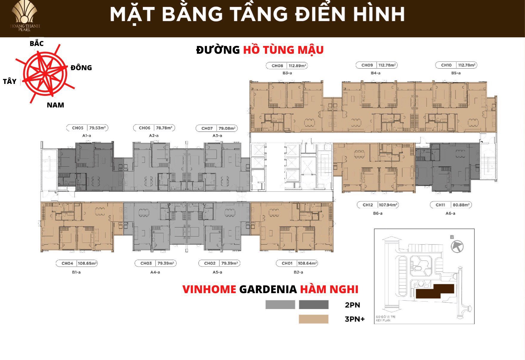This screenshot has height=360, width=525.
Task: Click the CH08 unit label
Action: [x=277, y=66]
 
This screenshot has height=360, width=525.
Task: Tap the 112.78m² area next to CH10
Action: [x=467, y=65]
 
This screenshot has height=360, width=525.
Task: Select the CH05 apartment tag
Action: [x=78, y=128]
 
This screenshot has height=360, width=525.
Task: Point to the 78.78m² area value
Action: [x=164, y=128]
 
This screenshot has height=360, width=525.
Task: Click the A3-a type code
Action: [x=217, y=136]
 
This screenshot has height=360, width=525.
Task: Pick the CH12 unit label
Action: [x=367, y=205]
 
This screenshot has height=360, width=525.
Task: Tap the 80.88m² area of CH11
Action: [x=461, y=205]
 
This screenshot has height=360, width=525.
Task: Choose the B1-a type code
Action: [x=76, y=272]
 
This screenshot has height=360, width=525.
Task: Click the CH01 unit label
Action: [x=287, y=263]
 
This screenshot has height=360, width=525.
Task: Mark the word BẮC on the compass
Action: [x=37, y=44]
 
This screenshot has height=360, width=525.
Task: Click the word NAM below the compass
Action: [x=55, y=105]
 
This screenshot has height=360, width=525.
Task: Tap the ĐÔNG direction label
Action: [x=81, y=68]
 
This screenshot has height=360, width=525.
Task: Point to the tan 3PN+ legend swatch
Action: [x=314, y=319]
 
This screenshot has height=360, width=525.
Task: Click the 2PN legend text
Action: [x=352, y=305]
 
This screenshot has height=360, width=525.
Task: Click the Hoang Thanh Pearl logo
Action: [x=24, y=17]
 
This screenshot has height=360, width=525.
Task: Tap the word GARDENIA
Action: [x=268, y=289]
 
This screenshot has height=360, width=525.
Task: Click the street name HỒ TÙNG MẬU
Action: [x=283, y=50]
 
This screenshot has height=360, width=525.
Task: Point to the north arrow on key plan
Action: [x=457, y=247]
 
